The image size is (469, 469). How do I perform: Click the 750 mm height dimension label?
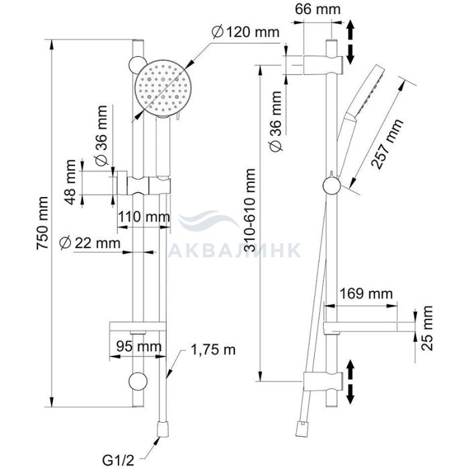click(42, 223)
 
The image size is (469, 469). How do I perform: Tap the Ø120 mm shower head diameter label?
click(245, 32)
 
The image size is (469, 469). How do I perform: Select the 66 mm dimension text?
click(318, 9)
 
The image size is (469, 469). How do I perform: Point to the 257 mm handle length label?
click(387, 144)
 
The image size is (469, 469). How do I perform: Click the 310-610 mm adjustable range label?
click(250, 210)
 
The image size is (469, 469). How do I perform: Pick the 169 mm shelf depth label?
click(366, 293)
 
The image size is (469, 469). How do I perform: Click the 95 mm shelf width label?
click(139, 346)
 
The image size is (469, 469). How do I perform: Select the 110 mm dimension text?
click(144, 216)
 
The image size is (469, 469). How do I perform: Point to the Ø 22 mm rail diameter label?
click(90, 243)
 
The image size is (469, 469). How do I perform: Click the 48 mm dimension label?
click(70, 182)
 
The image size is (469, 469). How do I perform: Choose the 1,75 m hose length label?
click(213, 350)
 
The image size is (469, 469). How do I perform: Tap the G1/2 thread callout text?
click(118, 461)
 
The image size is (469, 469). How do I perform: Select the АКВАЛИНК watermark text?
click(234, 251)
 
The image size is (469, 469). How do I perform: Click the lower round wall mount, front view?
click(138, 381)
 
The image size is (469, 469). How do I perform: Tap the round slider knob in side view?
click(332, 186)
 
